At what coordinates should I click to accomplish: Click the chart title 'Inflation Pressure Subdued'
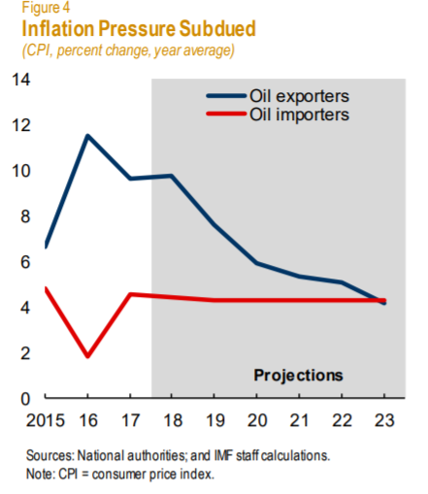pos(139,28)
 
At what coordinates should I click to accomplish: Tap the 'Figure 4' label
pos(46,8)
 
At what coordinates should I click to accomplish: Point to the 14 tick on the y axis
pos(21,80)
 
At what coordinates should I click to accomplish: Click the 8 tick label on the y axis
pos(25,216)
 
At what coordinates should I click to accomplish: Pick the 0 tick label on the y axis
pos(25,399)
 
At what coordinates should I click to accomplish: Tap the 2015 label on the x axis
pos(46,420)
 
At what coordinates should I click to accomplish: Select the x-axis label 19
pos(214,420)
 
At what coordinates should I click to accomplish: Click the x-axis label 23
pos(384,420)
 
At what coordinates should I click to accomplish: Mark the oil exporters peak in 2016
pos(87,136)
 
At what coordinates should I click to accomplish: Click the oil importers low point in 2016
pos(87,355)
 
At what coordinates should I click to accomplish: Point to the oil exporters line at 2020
pos(256,263)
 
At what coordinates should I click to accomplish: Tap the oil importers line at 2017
pos(130,294)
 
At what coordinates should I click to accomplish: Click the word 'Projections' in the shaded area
pos(298,376)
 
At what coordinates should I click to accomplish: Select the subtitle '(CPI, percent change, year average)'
pos(128,50)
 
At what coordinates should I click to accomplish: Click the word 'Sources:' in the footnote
pos(50,455)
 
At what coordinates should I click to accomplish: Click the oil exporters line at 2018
pos(172,176)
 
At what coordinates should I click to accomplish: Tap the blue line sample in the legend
pos(226,96)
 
